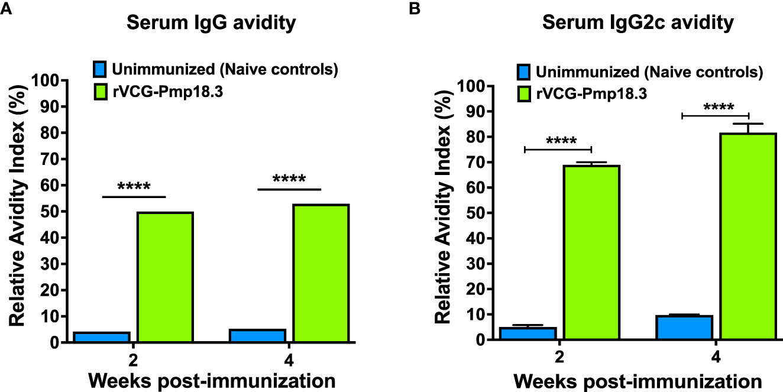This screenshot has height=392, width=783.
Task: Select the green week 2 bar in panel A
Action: pos(165,277)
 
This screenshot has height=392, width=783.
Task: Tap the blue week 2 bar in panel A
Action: pos(102,337)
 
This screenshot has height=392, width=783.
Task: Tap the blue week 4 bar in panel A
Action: pos(257,335)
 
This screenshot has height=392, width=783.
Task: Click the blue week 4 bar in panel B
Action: pos(684,328)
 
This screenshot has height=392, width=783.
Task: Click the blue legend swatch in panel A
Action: pos(101,69)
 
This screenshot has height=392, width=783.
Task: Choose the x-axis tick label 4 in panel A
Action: pos(289,359)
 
